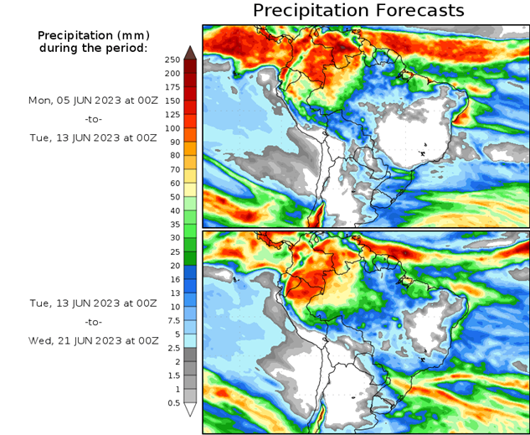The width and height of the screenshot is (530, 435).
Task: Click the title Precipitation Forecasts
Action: [358, 11]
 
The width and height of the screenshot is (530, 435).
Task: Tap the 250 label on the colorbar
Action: [172, 60]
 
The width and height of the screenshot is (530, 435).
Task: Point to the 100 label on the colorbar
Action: [172, 128]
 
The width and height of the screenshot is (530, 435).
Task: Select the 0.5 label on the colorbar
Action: [172, 403]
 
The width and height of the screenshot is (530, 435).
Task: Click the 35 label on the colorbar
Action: [172, 224]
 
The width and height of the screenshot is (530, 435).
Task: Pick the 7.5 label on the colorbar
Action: [172, 320]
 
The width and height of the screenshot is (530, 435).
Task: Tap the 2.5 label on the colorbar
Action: [172, 348]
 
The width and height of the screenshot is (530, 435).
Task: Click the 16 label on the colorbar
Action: [172, 279]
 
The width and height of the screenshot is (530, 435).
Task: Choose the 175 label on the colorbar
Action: [172, 87]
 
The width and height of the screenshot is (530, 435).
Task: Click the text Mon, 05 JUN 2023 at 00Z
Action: [93, 101]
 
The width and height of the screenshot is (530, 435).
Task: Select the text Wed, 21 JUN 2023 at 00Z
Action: [93, 340]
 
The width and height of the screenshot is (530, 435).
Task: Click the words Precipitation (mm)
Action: [93, 36]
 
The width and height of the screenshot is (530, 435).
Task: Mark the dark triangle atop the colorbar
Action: [190, 52]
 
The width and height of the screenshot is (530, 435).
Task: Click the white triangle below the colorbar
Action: [190, 410]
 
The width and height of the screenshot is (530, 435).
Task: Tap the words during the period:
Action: [93, 48]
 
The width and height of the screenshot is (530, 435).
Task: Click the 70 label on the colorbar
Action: [172, 169]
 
